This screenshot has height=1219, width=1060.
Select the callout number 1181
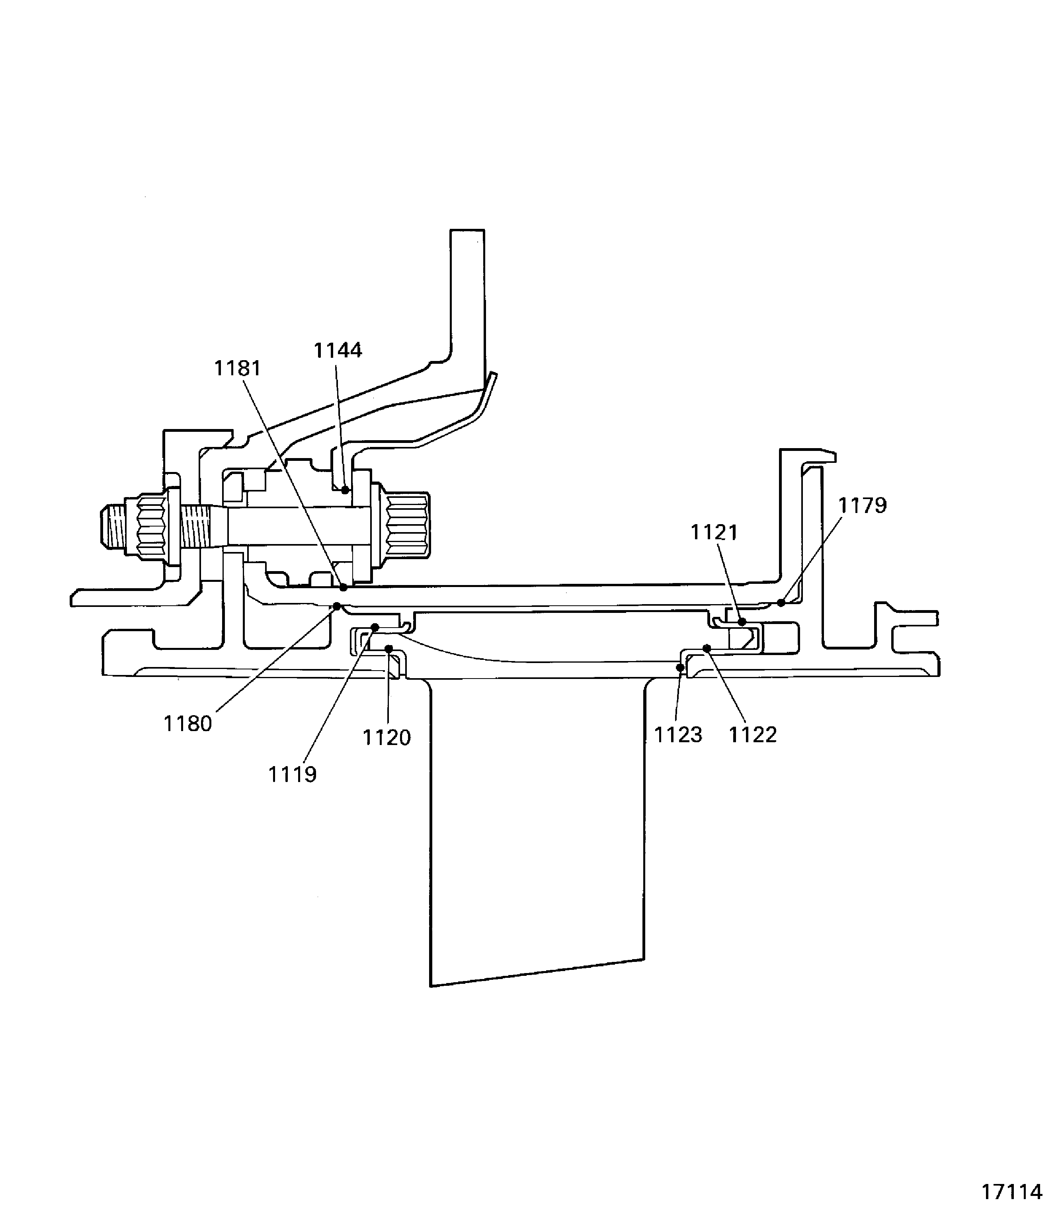pos(237,369)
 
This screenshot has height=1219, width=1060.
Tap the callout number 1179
pos(863,506)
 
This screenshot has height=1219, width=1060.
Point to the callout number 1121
pos(714,533)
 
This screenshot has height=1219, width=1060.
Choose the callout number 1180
pos(187,724)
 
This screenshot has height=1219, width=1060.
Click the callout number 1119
pos(292,775)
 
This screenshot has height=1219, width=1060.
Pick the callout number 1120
pos(386,738)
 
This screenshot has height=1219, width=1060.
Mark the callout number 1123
pos(678,735)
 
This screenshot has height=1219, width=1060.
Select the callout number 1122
pos(752,735)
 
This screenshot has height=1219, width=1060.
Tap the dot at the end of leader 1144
pos(345,490)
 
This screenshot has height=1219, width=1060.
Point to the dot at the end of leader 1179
pos(781,603)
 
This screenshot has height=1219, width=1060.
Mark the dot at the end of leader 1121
pos(742,622)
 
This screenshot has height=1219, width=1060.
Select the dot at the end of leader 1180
pos(337,606)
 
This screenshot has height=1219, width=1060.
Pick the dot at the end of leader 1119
pos(375,627)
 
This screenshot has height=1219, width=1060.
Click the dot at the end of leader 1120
pos(388,649)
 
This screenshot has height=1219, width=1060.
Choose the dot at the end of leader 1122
pos(706,649)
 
